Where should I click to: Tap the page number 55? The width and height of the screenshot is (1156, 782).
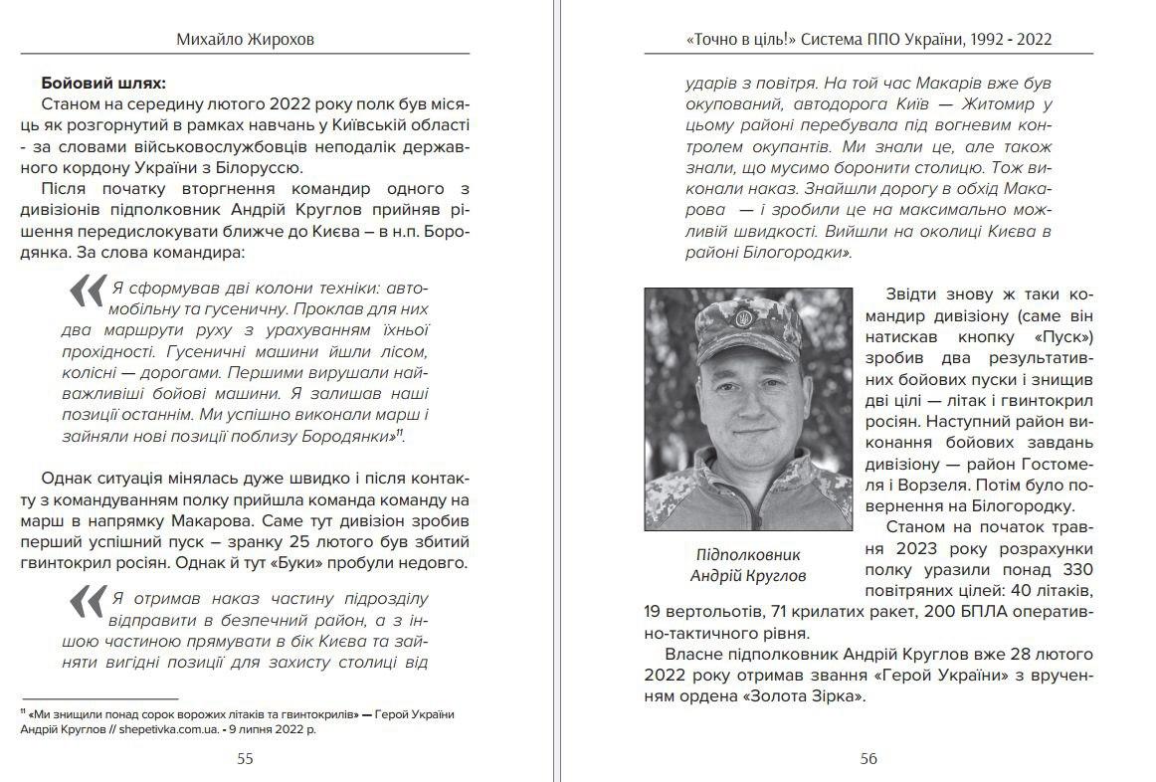point(245,759)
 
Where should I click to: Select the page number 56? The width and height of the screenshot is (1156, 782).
point(868,759)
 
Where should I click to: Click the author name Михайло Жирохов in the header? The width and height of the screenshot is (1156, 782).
point(245,40)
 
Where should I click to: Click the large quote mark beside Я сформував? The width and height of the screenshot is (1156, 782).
point(87,292)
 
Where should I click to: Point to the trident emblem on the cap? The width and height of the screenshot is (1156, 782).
point(741,318)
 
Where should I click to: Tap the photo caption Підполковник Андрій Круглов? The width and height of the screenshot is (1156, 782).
point(748,565)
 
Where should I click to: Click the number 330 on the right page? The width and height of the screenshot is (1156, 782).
point(1074,570)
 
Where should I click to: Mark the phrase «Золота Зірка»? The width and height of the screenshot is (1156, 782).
point(804,697)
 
